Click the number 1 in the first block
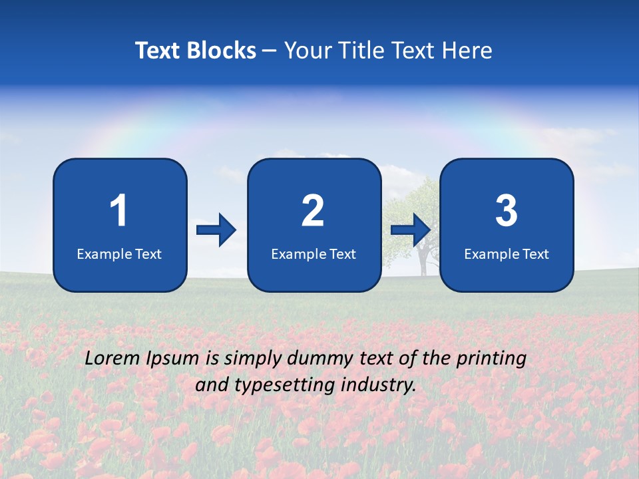tap(119, 211)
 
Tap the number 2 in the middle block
tap(313, 211)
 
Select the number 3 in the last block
tap(507, 211)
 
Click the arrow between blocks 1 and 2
tap(216, 230)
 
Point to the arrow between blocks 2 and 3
tap(411, 230)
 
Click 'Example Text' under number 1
tap(119, 253)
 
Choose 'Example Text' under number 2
tap(314, 253)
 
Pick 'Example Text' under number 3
tap(507, 253)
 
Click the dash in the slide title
tap(270, 51)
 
